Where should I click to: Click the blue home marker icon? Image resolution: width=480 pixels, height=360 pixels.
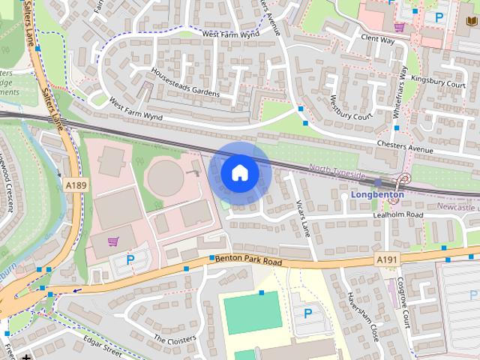239,172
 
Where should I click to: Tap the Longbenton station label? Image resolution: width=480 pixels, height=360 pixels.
377,195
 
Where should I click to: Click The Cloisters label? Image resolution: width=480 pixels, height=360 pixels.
174,339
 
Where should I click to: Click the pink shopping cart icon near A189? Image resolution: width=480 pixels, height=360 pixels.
113,241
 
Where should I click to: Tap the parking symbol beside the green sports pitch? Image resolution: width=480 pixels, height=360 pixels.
306,313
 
